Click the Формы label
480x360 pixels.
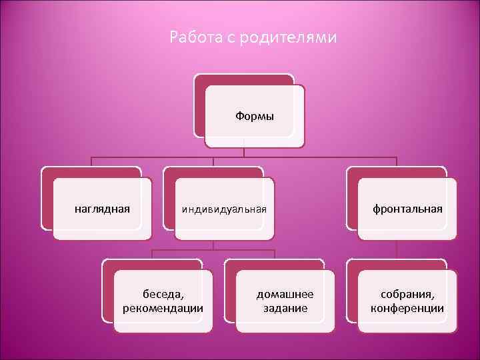[x=254, y=116]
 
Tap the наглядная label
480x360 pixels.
[x=101, y=209]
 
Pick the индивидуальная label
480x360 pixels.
[x=224, y=209]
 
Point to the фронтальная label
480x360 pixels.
[x=407, y=209]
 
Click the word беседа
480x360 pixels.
[x=164, y=293]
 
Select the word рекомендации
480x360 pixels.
[x=163, y=308]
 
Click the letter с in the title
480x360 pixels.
[x=223, y=38]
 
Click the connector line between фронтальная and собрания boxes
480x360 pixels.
[x=397, y=250]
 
